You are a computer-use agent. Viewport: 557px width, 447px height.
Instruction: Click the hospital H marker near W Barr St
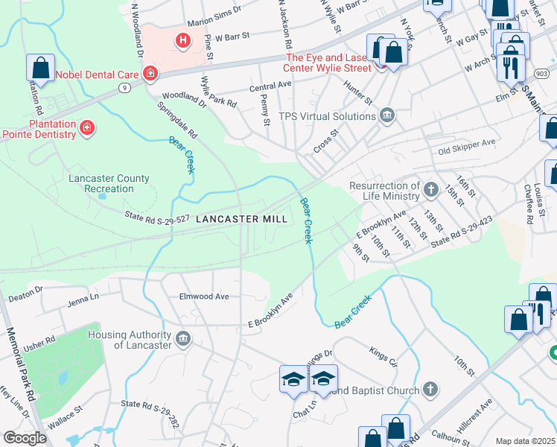(x=182, y=40)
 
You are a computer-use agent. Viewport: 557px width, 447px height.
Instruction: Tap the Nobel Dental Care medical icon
(x=150, y=73)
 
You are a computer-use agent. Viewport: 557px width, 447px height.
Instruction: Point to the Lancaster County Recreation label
(x=109, y=184)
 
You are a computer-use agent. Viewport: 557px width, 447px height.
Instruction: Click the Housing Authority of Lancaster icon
(x=183, y=340)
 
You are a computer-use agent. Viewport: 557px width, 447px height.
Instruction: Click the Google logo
(x=25, y=438)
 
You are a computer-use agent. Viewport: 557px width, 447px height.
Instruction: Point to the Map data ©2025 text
(x=524, y=441)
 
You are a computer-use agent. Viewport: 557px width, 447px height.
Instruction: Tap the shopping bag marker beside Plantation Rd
(x=40, y=67)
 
